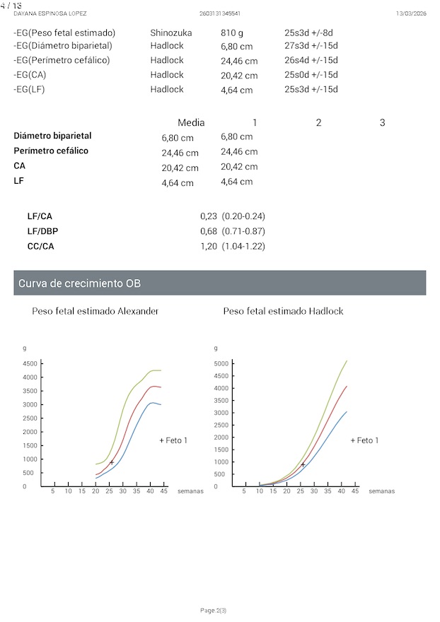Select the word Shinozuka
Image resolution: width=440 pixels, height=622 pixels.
[x=170, y=33]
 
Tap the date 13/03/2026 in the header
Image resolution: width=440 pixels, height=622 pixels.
[x=410, y=13]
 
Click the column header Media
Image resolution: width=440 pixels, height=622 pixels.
[x=191, y=123]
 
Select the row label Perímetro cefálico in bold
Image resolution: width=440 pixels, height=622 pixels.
[x=51, y=151]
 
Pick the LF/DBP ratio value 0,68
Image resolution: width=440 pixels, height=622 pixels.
[x=208, y=231]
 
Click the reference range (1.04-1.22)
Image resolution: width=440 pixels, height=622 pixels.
[x=243, y=247]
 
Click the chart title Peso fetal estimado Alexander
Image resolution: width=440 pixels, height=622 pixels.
[x=95, y=311]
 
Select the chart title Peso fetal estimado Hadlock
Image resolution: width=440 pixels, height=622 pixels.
[x=283, y=311]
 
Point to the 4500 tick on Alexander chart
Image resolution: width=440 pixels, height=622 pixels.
[x=30, y=363]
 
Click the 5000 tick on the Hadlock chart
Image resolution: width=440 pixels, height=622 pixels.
[x=221, y=363]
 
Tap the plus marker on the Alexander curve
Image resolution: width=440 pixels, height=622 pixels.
[x=112, y=462]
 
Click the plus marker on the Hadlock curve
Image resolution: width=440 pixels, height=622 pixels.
[x=303, y=464]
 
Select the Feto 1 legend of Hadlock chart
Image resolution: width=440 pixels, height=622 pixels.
[x=365, y=440]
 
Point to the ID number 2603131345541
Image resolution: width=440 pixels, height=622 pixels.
[x=220, y=13]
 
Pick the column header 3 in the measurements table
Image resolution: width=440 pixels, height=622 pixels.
[x=383, y=123]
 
